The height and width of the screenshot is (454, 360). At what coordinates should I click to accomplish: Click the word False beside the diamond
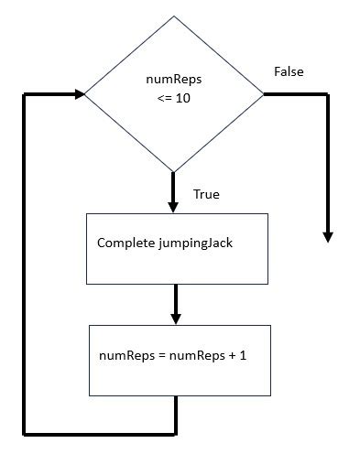[x=289, y=71]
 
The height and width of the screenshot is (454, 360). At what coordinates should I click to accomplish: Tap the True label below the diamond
[x=206, y=195]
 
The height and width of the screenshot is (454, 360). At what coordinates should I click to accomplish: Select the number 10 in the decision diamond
[x=183, y=97]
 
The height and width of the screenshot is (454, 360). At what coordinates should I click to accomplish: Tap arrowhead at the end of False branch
[x=327, y=236]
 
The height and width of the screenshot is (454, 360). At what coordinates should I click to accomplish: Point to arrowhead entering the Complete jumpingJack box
[x=173, y=207]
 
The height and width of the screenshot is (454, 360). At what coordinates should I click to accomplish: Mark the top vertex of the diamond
[x=173, y=16]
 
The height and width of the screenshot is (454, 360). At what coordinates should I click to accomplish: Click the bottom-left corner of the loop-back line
[x=25, y=431]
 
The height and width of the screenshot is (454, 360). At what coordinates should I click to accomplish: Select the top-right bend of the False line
[x=327, y=94]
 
